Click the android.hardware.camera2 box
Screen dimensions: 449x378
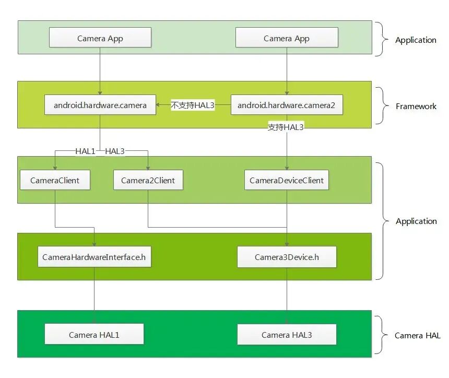click(287, 105)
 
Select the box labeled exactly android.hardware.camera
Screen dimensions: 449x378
click(100, 105)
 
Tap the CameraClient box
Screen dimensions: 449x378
click(55, 180)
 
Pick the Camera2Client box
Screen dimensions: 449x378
click(148, 180)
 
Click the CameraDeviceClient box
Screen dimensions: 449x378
click(286, 180)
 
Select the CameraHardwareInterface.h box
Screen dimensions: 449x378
click(94, 257)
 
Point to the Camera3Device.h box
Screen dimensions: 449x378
click(287, 257)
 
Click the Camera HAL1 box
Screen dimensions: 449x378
click(94, 334)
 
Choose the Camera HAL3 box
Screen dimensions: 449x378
click(287, 335)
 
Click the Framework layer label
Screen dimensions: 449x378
click(416, 106)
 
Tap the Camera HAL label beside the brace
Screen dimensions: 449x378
click(418, 335)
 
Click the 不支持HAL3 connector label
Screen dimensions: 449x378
click(193, 105)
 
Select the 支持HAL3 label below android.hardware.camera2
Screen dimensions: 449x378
click(286, 127)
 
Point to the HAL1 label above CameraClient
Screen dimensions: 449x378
click(85, 151)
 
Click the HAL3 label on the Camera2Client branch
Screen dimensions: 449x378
click(115, 151)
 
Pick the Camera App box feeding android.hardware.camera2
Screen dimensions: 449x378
click(287, 38)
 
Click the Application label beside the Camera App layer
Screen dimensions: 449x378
click(416, 40)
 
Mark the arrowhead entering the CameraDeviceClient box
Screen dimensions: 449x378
click(287, 168)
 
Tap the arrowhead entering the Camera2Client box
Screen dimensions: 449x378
click(148, 168)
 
